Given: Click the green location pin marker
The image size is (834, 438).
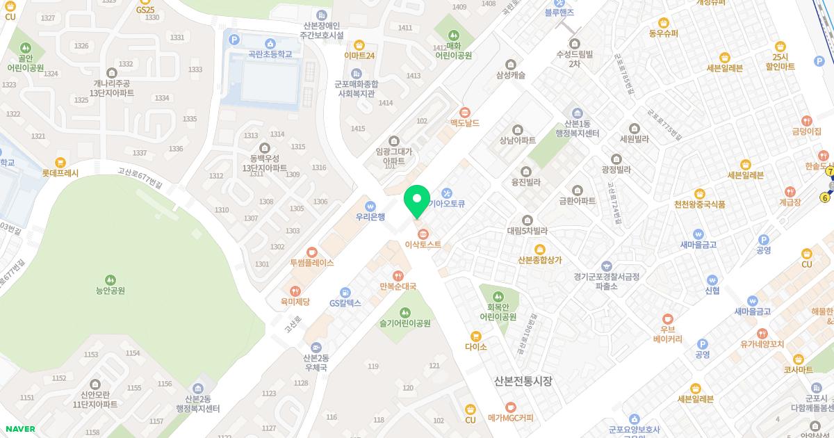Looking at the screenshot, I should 417,202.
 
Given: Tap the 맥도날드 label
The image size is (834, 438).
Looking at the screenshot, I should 465,123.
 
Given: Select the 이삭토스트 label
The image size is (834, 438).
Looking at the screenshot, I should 423,245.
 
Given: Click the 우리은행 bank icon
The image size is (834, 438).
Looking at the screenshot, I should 370,206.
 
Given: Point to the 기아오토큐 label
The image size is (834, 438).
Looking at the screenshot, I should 446,204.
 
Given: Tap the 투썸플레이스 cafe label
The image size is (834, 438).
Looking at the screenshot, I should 312,263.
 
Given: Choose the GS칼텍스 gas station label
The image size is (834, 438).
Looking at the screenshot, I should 345,303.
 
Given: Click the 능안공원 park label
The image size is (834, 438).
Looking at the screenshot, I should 111,291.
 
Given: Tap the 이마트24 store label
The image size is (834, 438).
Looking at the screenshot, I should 359,56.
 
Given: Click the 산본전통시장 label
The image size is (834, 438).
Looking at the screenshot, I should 523,381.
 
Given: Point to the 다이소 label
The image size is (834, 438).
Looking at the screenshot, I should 476,346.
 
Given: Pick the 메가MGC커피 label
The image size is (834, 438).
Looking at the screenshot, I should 511,418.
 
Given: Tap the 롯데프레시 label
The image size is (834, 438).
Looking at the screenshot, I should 60,173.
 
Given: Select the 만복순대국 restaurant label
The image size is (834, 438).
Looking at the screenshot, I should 398,286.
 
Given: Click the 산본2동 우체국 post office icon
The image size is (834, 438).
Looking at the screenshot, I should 316,348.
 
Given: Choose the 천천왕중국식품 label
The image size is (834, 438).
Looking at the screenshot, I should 699,204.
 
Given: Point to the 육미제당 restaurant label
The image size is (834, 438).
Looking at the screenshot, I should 295,302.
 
